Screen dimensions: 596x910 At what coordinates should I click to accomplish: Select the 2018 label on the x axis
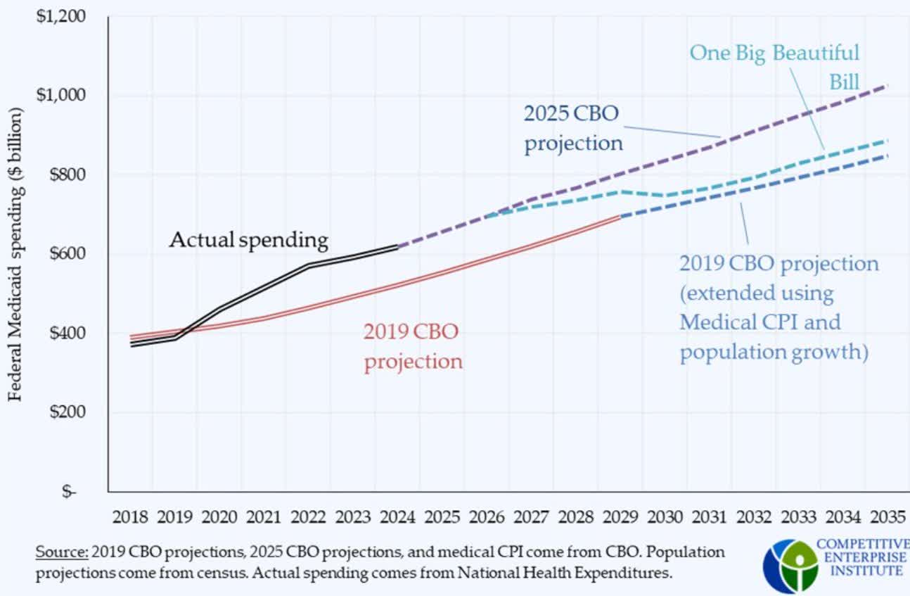(x=130, y=518)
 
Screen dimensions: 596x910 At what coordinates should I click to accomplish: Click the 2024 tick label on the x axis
(x=397, y=518)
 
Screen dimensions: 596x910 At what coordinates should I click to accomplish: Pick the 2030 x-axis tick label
(x=665, y=518)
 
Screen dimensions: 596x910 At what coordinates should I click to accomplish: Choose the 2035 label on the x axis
(x=887, y=518)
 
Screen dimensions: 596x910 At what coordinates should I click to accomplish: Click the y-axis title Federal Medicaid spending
(x=15, y=254)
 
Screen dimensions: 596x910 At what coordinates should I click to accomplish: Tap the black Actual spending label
(x=248, y=241)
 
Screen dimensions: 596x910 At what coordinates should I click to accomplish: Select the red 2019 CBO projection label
(x=413, y=346)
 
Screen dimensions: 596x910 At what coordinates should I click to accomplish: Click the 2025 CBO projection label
(x=573, y=128)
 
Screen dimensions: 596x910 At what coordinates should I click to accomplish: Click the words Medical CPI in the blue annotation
(x=760, y=322)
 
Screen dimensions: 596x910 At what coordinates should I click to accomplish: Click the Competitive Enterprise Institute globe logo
(x=790, y=565)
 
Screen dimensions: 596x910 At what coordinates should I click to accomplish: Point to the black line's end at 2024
(x=398, y=246)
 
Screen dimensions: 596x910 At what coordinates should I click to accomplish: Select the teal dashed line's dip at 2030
(x=665, y=195)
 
